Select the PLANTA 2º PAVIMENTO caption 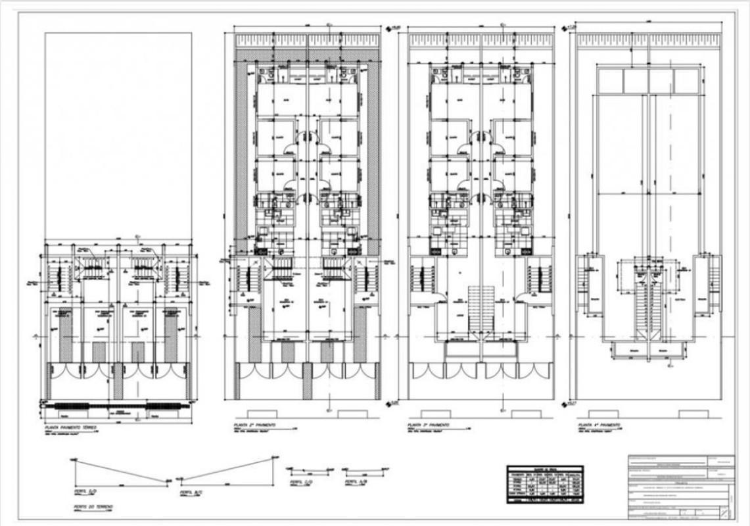coord(253,427)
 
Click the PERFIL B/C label coord(191,491)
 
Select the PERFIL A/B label coord(352,482)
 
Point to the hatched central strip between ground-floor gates coord(118,381)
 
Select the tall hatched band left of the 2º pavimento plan coord(241,158)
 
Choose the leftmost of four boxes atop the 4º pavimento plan coord(609,81)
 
